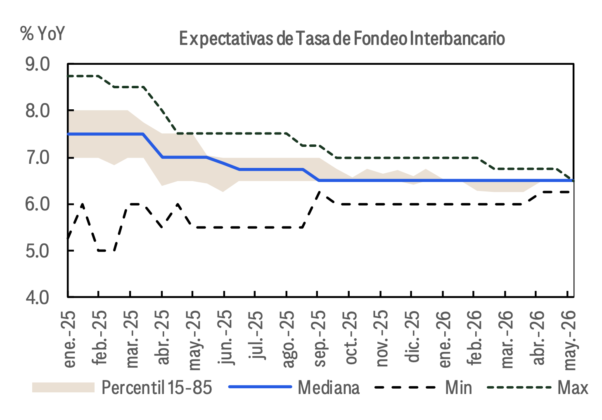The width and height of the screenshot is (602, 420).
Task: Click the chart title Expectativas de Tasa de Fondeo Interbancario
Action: (x=342, y=39)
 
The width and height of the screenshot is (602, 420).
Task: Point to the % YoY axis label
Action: (x=43, y=33)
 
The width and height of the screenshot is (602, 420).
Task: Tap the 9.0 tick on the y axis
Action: (x=38, y=64)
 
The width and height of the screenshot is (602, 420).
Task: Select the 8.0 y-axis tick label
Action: (x=38, y=111)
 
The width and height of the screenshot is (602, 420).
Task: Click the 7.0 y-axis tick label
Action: (x=38, y=158)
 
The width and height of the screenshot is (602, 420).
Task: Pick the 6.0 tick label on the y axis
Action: (x=38, y=204)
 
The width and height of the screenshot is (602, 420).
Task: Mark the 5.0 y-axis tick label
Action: (x=38, y=251)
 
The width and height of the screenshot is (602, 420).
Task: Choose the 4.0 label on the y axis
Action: (x=38, y=297)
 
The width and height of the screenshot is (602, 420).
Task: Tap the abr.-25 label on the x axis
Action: (x=162, y=337)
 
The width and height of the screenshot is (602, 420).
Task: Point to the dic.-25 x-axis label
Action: (x=412, y=337)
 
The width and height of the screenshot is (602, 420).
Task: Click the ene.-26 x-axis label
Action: (x=444, y=339)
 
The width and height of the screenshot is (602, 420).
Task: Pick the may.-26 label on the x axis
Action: (x=569, y=340)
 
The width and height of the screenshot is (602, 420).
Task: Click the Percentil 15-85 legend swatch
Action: (x=64, y=387)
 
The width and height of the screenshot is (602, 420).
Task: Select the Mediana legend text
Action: (x=329, y=387)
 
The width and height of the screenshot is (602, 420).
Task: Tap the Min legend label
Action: (x=459, y=387)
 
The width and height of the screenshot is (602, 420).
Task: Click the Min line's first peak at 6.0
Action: (x=83, y=204)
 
